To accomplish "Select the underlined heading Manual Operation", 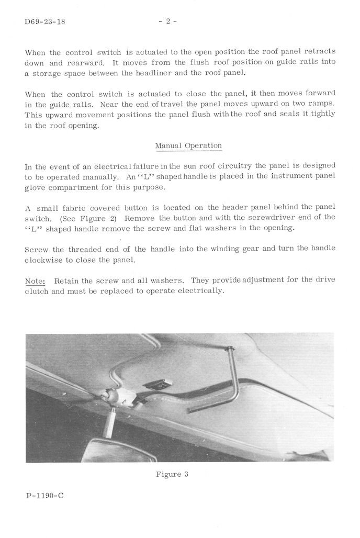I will (x=188, y=145).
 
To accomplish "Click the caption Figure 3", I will (x=172, y=475).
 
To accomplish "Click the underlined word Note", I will (x=35, y=281).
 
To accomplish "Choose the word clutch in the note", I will (x=37, y=291).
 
